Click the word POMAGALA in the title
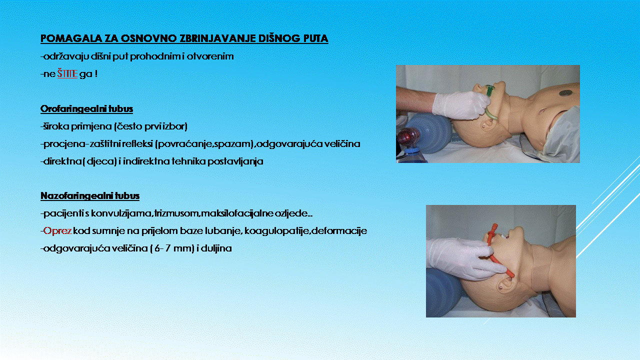click(x=71, y=38)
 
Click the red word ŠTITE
click(x=67, y=73)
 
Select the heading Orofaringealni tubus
click(x=87, y=109)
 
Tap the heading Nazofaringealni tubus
click(x=90, y=195)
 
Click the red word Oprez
click(x=57, y=231)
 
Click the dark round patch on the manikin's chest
click(x=565, y=92)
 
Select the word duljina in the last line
click(x=216, y=248)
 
